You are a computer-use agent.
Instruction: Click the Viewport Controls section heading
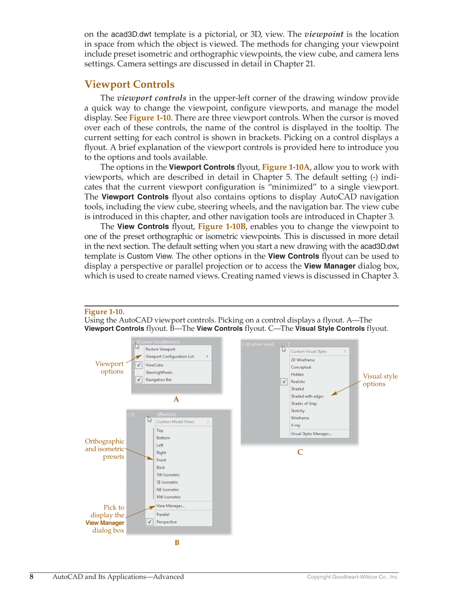pyautogui.click(x=129, y=84)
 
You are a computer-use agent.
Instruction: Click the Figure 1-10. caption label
pyautogui.click(x=104, y=312)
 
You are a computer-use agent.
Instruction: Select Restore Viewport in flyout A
pyautogui.click(x=160, y=349)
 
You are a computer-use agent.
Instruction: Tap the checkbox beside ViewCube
pyautogui.click(x=139, y=365)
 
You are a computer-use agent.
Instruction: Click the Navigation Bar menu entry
pyautogui.click(x=158, y=380)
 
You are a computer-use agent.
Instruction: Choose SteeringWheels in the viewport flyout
pyautogui.click(x=159, y=373)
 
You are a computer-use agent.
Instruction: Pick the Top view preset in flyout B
pyautogui.click(x=160, y=430)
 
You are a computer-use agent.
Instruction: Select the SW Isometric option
pyautogui.click(x=168, y=475)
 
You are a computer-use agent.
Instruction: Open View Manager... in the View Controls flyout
pyautogui.click(x=171, y=506)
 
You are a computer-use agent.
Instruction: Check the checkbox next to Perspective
pyautogui.click(x=150, y=522)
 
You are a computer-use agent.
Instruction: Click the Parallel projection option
pyautogui.click(x=163, y=515)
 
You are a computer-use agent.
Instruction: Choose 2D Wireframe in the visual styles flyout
pyautogui.click(x=302, y=360)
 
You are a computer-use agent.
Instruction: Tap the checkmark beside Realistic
pyautogui.click(x=284, y=382)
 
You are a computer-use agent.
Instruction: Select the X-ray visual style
pyautogui.click(x=295, y=425)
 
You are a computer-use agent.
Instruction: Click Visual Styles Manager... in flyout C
pyautogui.click(x=311, y=434)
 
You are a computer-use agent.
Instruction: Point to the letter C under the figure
pyautogui.click(x=300, y=452)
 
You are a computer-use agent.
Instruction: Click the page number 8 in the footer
pyautogui.click(x=31, y=577)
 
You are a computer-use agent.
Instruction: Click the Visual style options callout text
pyautogui.click(x=380, y=380)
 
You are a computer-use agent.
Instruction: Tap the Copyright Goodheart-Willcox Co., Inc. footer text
pyautogui.click(x=353, y=577)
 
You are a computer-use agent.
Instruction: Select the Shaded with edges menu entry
pyautogui.click(x=307, y=396)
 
